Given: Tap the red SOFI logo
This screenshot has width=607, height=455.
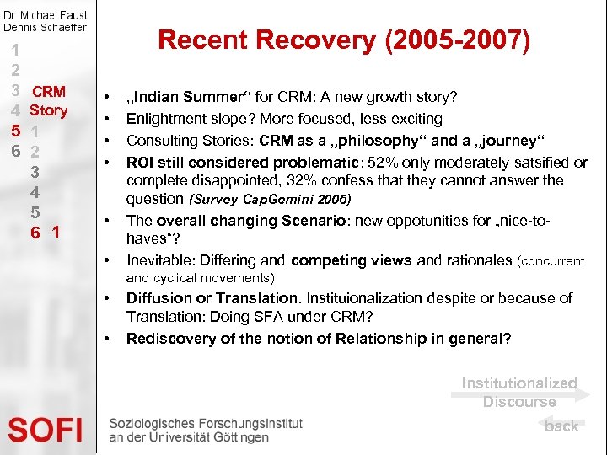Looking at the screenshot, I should (x=46, y=431).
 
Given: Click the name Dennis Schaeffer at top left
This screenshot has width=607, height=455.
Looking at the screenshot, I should (x=44, y=28).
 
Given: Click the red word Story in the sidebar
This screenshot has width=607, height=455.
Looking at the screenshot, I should (x=48, y=110).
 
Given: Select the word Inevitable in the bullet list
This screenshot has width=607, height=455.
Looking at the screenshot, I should (x=160, y=260).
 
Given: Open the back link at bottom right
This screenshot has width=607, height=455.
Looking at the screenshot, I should (x=561, y=426).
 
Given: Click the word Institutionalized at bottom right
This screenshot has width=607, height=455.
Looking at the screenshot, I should (x=519, y=383).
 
